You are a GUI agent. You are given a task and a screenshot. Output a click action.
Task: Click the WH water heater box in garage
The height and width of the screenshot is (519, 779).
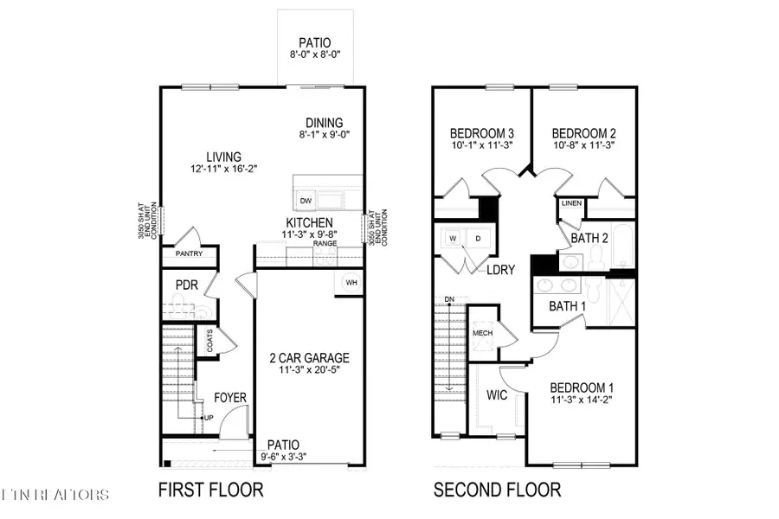[351, 283]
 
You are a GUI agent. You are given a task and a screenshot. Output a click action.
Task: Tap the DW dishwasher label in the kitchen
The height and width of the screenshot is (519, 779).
[305, 201]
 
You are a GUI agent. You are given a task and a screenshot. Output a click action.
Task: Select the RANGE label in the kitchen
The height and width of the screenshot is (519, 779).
[325, 244]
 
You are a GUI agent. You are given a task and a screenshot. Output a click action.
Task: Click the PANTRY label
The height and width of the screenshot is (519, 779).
[189, 254]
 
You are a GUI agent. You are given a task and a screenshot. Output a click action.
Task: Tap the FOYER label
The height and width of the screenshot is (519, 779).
[231, 398]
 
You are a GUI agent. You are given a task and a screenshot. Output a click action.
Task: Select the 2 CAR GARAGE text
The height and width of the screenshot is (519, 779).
[308, 357]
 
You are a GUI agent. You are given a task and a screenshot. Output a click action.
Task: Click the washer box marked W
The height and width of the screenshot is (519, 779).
[451, 238]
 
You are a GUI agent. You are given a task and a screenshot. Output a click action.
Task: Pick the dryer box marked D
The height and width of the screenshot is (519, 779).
[476, 238]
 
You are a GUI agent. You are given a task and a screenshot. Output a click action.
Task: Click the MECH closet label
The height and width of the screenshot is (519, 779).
[482, 332]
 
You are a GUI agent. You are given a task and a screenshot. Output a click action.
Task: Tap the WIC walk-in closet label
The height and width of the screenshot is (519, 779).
[497, 394]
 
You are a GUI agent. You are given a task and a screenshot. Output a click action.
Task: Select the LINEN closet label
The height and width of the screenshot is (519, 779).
[571, 203]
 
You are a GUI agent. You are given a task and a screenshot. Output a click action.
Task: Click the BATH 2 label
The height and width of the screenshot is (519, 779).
[588, 237]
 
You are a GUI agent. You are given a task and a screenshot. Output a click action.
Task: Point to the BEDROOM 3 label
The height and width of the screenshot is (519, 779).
[482, 133]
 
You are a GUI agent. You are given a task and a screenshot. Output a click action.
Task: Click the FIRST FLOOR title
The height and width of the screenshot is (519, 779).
[210, 490]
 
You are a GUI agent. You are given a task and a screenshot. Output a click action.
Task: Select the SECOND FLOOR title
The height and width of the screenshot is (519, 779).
[497, 490]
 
